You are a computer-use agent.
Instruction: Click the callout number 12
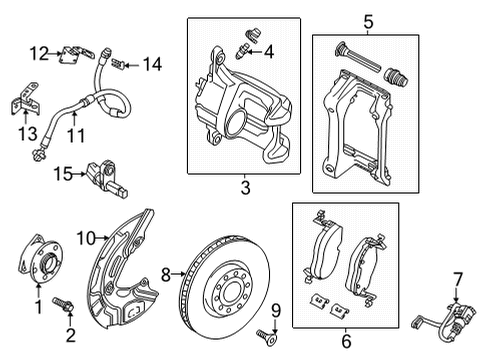(39, 53)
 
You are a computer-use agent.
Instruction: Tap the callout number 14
(153, 64)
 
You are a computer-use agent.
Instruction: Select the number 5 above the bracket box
(368, 22)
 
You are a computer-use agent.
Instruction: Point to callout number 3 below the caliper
(245, 188)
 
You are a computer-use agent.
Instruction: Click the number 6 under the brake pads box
(346, 341)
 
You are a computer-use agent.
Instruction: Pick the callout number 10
(86, 238)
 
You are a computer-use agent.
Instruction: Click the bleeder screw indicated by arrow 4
(241, 53)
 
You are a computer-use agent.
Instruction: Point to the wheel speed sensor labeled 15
(108, 179)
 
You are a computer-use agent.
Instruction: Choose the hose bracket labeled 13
(26, 99)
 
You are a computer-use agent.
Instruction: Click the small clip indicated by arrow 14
(117, 63)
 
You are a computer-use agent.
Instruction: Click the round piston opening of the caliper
(236, 122)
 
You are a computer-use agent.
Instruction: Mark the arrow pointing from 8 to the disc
(178, 274)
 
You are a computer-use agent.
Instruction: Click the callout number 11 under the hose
(77, 135)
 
